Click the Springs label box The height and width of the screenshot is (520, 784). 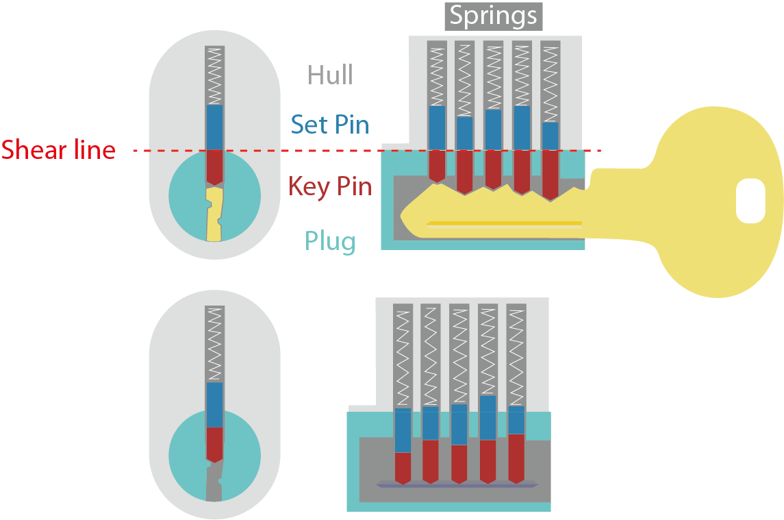(x=493, y=16)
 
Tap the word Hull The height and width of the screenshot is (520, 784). (x=330, y=75)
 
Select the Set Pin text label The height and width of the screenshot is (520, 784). (x=329, y=125)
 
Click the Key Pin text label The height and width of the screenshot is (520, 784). (x=329, y=186)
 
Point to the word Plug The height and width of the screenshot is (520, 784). (x=330, y=241)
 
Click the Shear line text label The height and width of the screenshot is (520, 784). (x=58, y=150)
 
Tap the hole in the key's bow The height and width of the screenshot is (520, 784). (x=750, y=201)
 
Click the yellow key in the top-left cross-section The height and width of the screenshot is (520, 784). (x=214, y=216)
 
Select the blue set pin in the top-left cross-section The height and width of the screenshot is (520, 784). (x=214, y=127)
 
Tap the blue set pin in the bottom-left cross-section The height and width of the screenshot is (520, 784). (x=214, y=404)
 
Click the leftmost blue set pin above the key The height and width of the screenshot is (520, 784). (x=436, y=127)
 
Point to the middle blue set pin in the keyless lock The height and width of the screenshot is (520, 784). (x=459, y=424)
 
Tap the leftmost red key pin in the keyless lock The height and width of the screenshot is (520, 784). (x=403, y=467)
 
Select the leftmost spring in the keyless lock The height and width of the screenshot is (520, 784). (x=403, y=356)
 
